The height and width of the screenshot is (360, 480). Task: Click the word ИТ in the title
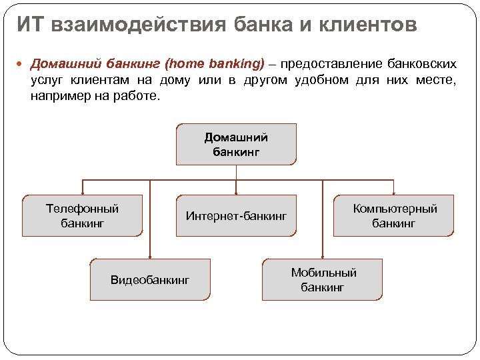(x=30, y=25)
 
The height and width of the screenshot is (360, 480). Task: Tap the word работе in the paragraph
(x=140, y=96)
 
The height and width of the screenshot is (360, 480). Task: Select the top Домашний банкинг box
(x=236, y=145)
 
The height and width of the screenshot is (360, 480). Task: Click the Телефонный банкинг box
(x=82, y=215)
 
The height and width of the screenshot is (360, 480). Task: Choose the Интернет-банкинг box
(x=236, y=215)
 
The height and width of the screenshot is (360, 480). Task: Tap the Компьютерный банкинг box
(x=394, y=215)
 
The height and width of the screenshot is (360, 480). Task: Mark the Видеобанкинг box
(x=150, y=279)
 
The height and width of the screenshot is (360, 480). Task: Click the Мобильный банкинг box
(x=323, y=279)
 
